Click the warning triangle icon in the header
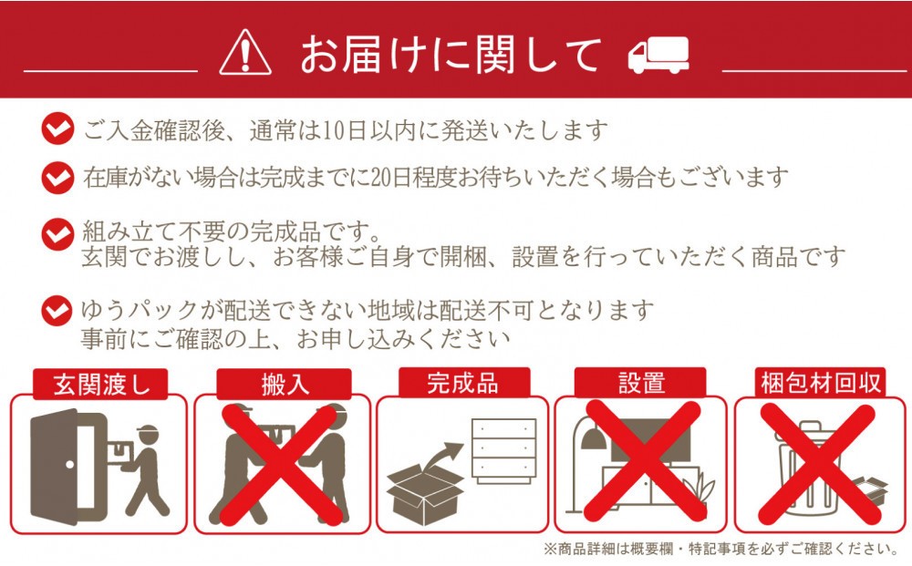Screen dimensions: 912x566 (244, 53)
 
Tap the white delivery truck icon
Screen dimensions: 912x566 (658, 56)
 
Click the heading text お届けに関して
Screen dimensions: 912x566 (451, 55)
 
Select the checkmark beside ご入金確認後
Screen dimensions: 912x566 (57, 129)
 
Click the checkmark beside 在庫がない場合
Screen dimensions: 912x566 (57, 177)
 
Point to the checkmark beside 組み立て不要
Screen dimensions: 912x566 (57, 234)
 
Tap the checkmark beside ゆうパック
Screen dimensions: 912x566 (57, 311)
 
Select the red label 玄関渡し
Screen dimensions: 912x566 (101, 384)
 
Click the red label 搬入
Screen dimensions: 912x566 (285, 384)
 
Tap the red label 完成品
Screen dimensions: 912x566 (463, 383)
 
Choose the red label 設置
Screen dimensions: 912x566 (640, 383)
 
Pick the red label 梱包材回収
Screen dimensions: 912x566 (820, 383)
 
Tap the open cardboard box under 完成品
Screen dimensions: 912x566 (425, 495)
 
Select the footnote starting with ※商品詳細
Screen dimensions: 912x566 (721, 549)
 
